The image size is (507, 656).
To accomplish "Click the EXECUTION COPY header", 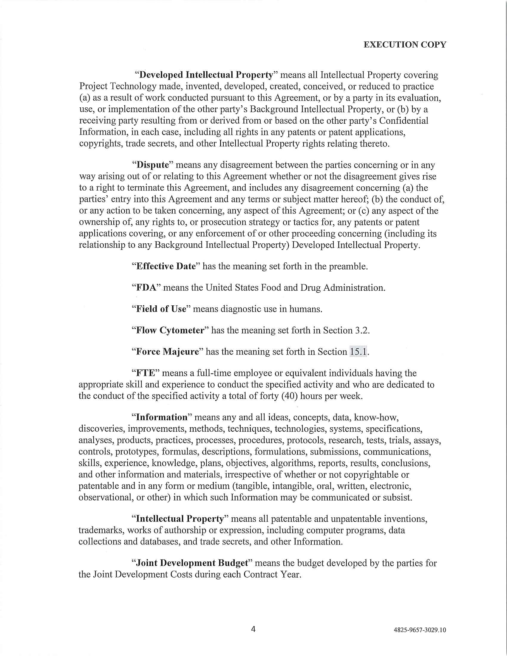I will click(405, 45).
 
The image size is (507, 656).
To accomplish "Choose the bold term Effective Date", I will click(166, 266).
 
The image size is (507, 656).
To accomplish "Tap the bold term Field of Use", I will click(161, 309).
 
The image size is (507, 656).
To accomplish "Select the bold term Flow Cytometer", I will click(170, 330).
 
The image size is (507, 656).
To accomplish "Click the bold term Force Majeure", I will click(168, 352).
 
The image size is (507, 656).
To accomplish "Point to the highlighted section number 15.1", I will click(358, 352).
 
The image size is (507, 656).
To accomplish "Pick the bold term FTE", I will click(145, 373).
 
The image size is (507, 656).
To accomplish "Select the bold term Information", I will click(162, 417).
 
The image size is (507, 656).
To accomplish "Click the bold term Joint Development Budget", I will click(193, 563).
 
